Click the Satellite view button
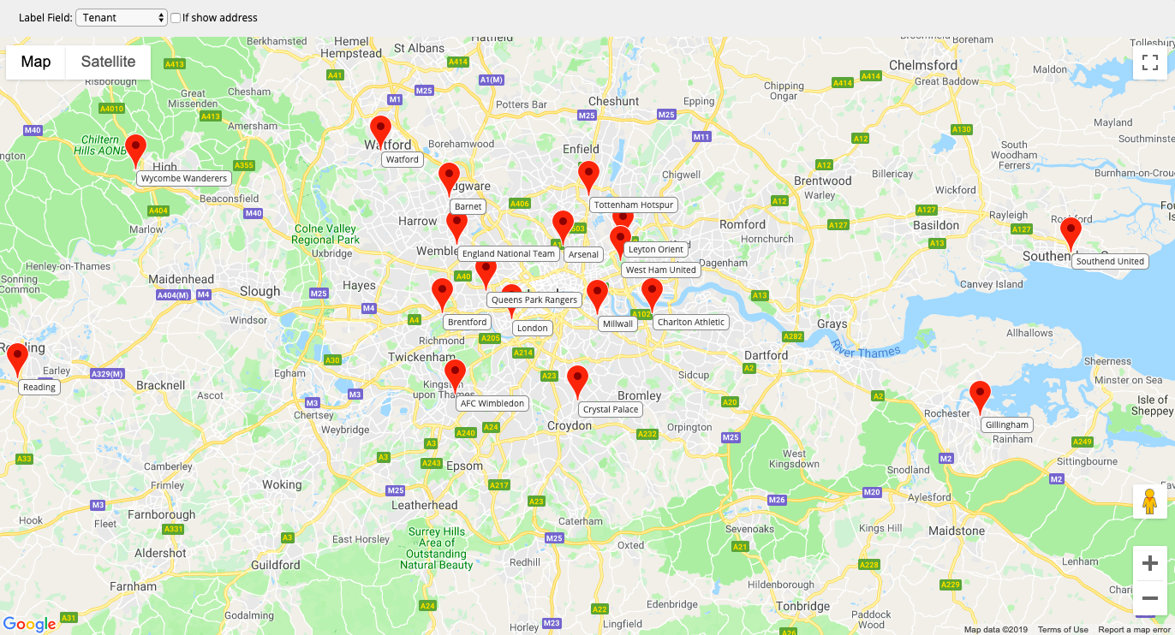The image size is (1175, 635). [108, 62]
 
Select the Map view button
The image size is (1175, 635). [36, 62]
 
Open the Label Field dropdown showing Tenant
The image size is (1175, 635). [122, 18]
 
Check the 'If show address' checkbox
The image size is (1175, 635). [176, 18]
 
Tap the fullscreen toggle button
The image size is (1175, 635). [1149, 62]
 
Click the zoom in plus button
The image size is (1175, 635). [1149, 563]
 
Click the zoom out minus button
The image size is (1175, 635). [1149, 597]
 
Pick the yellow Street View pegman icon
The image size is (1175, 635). [1149, 501]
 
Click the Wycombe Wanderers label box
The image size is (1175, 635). [184, 179]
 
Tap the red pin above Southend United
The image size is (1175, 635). [1071, 232]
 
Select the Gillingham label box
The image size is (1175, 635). [1006, 424]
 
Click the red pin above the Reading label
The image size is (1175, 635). [17, 358]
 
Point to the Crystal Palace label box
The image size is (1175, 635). [611, 409]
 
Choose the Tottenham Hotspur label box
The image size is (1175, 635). [634, 205]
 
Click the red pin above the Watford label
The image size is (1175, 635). [380, 130]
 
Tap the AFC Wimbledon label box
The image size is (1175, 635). [492, 403]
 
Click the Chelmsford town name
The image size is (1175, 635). [923, 65]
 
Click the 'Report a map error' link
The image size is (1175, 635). [1134, 630]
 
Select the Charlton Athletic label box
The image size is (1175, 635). [691, 323]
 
